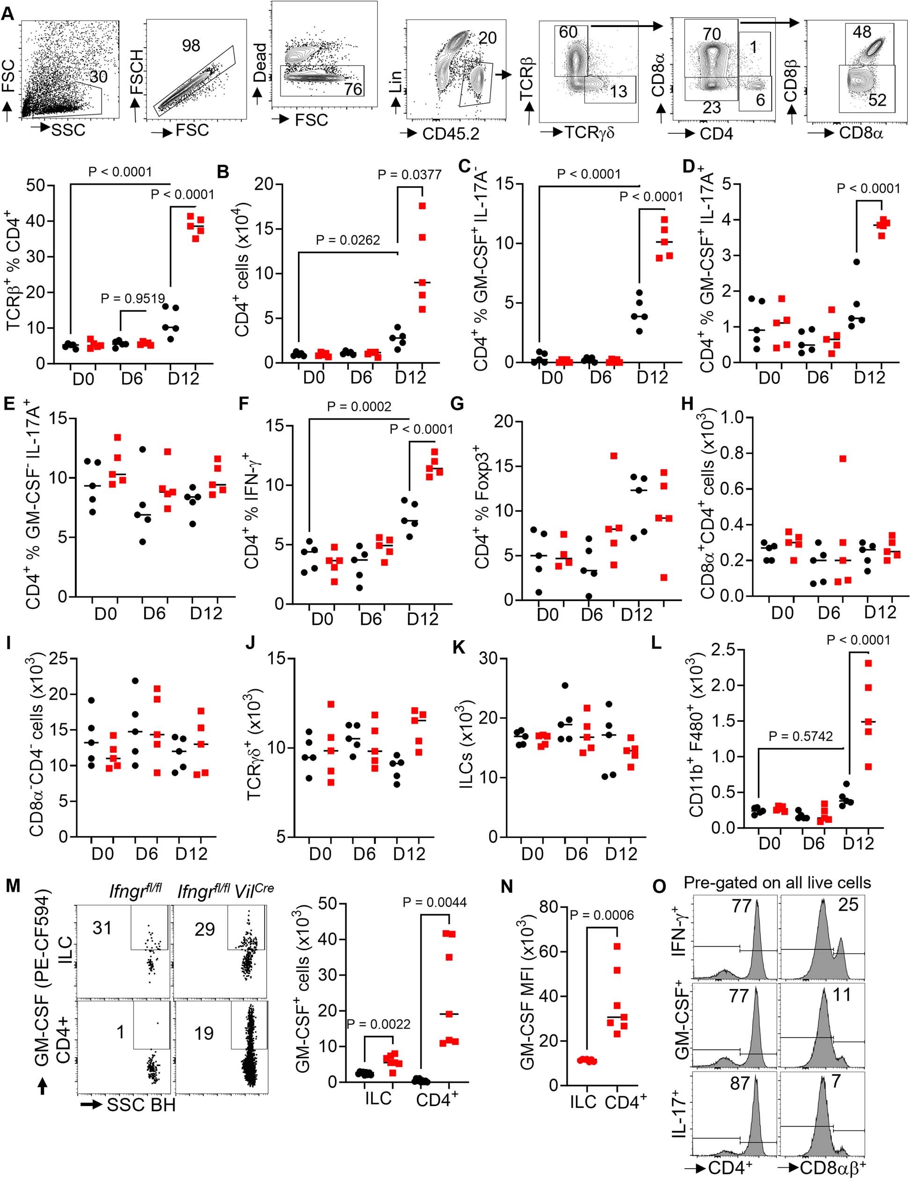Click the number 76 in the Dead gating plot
353,88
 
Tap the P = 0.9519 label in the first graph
132,298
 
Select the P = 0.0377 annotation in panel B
409,174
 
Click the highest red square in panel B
423,206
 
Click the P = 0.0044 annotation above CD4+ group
435,902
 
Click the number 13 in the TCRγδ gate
619,91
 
